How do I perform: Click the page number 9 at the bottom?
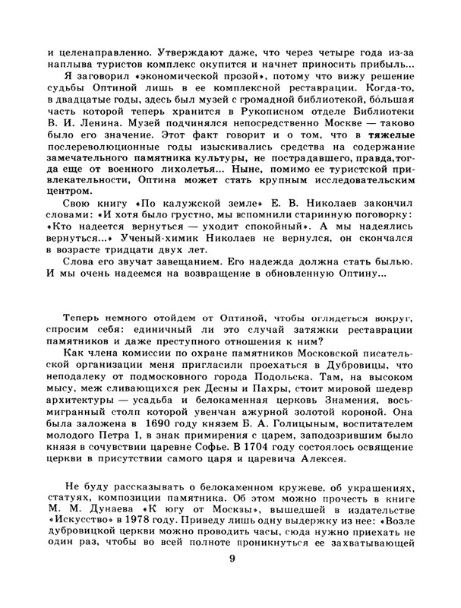click(232, 582)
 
